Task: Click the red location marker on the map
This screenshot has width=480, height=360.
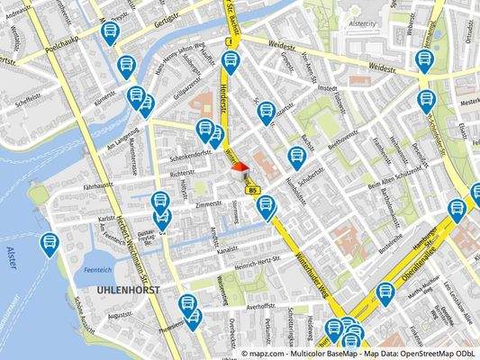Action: (239, 166)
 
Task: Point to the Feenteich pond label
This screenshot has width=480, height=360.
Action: (96, 268)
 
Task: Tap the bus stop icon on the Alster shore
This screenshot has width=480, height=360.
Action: (50, 243)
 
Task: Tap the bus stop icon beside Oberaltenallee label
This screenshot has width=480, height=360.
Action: (385, 293)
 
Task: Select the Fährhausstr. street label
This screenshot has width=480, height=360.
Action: (102, 185)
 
